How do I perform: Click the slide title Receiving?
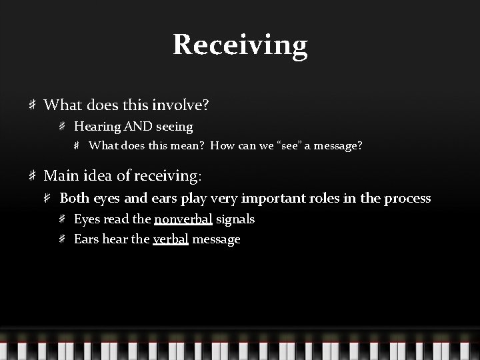[240, 45]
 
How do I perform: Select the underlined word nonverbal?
[183, 219]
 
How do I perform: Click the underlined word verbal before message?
[171, 239]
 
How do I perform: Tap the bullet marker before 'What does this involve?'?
[32, 105]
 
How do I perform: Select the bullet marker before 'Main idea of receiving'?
[32, 176]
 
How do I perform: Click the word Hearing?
[94, 126]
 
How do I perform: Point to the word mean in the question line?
[189, 146]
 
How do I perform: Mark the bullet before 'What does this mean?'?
[78, 146]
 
